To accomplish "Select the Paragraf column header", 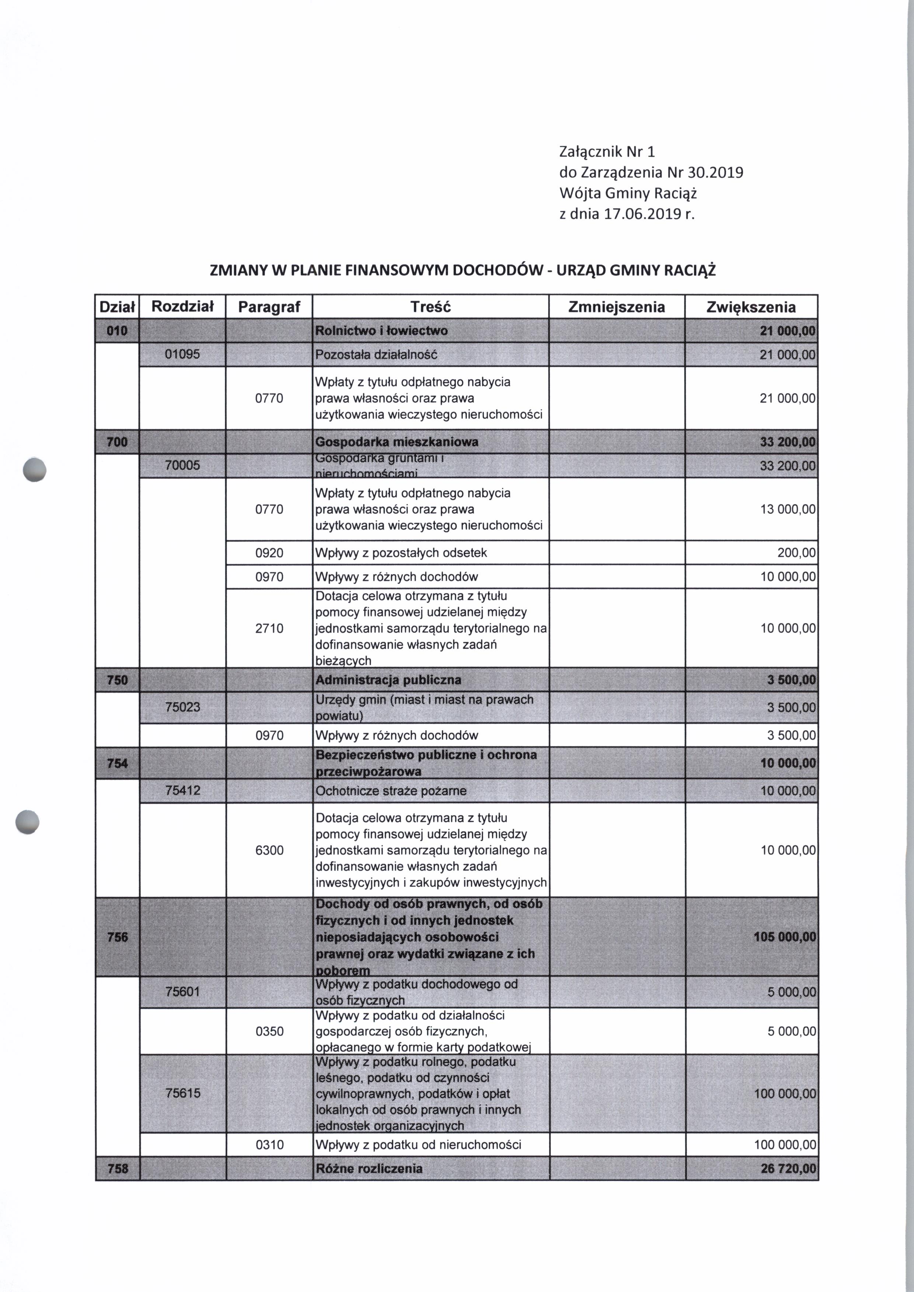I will [x=269, y=307].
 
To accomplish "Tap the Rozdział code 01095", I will [x=182, y=354].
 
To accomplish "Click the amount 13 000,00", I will [x=788, y=509].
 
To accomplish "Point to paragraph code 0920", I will [x=269, y=553].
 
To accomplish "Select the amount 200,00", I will [x=797, y=553].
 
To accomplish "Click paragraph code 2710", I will [x=269, y=628].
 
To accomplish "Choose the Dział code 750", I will [x=117, y=680].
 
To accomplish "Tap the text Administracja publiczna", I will [x=388, y=680].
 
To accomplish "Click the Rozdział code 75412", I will [x=182, y=791].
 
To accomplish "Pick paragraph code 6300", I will [x=269, y=850].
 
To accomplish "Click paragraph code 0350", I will [x=269, y=1032].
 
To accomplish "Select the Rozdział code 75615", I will [x=182, y=1093].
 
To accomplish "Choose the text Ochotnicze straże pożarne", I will [x=391, y=791].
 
